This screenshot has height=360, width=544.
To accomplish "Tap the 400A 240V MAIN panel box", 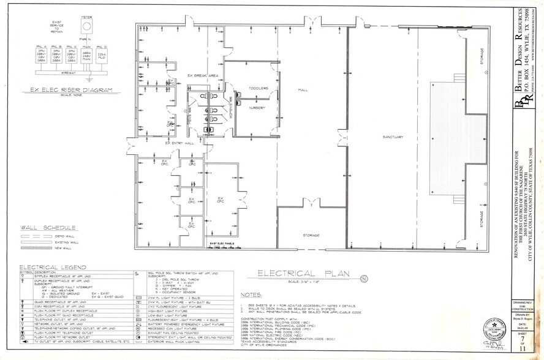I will pos(87,56).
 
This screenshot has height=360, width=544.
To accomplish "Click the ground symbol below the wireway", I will pos(90,79).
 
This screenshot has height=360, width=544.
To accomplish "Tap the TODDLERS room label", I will pos(259,89).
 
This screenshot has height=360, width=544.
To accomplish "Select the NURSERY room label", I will pos(256,107).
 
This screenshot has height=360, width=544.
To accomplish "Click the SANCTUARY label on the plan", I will pos(391,138).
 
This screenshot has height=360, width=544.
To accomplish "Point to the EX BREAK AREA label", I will pos(203,75).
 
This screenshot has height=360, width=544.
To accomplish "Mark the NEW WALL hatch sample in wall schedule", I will pos(35,248).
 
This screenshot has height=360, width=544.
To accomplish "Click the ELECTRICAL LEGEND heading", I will pos(48,267).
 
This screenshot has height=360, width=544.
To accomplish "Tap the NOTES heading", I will pos(252,295).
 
